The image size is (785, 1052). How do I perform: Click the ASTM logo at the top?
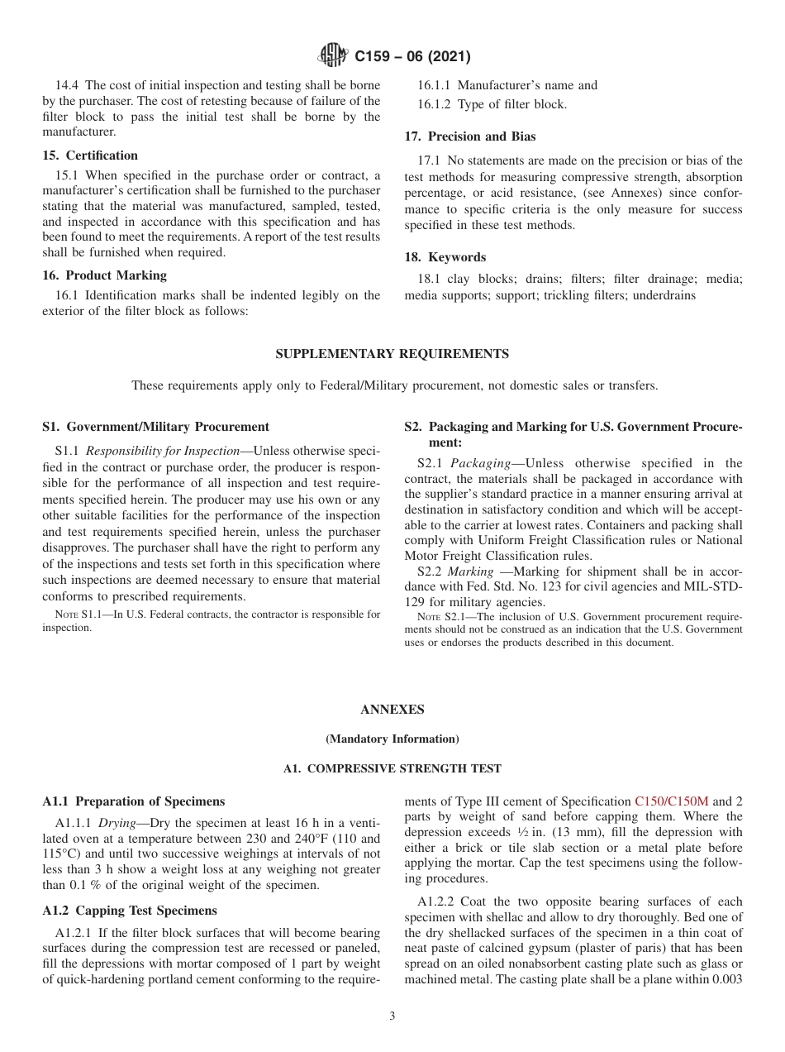(333, 56)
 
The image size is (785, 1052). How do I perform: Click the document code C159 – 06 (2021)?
(412, 57)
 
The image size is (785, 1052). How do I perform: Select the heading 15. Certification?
(90, 155)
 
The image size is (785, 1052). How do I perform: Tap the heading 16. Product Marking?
(104, 275)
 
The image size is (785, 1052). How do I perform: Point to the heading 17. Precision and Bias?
(469, 136)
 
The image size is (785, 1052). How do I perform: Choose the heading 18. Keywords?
(445, 257)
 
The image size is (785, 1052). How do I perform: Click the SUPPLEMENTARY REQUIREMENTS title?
(392, 354)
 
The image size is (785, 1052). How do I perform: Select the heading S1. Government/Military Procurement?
(155, 427)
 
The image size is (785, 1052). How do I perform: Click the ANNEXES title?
(392, 710)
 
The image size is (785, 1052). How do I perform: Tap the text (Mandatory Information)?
(392, 739)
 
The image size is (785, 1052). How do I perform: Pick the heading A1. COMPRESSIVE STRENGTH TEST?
(392, 768)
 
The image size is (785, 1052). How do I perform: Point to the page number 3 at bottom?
(392, 1016)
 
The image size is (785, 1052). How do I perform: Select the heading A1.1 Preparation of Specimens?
(133, 801)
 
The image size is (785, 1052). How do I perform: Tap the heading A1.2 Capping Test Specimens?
(130, 911)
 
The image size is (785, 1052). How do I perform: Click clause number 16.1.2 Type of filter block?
(435, 104)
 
